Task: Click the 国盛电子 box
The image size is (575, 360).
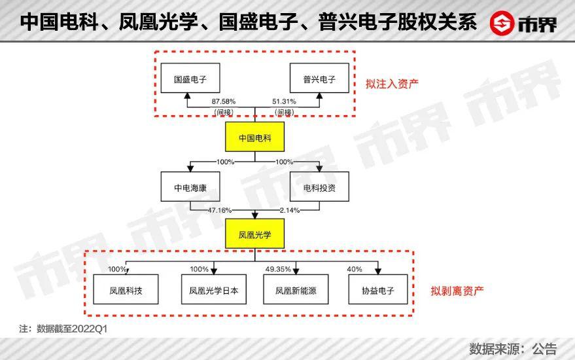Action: (x=187, y=81)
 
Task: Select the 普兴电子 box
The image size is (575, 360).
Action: (x=319, y=81)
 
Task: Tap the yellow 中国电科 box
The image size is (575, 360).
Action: (x=253, y=139)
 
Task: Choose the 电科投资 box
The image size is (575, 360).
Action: (x=319, y=187)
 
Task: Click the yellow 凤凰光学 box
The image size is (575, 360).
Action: (x=253, y=234)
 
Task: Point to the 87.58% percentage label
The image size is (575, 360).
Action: (x=223, y=102)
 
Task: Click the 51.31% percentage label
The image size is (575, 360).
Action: (x=283, y=102)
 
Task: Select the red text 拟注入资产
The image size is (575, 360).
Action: (x=392, y=84)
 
